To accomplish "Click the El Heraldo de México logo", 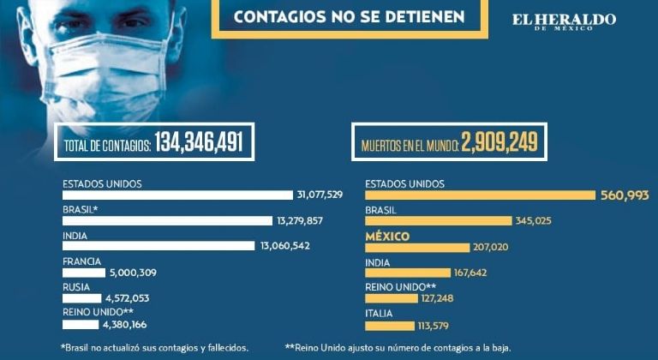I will coord(563,21).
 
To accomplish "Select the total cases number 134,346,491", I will coord(199,144).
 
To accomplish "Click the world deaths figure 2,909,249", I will coord(499,144).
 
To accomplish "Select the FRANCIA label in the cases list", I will coord(81,261).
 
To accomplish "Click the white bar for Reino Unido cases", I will coord(81,325).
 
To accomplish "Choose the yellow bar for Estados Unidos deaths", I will coord(480,195).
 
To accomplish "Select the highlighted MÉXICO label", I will coord(387,236).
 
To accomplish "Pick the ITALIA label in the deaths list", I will coord(379,313).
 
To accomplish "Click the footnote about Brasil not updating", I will coord(155,347).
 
